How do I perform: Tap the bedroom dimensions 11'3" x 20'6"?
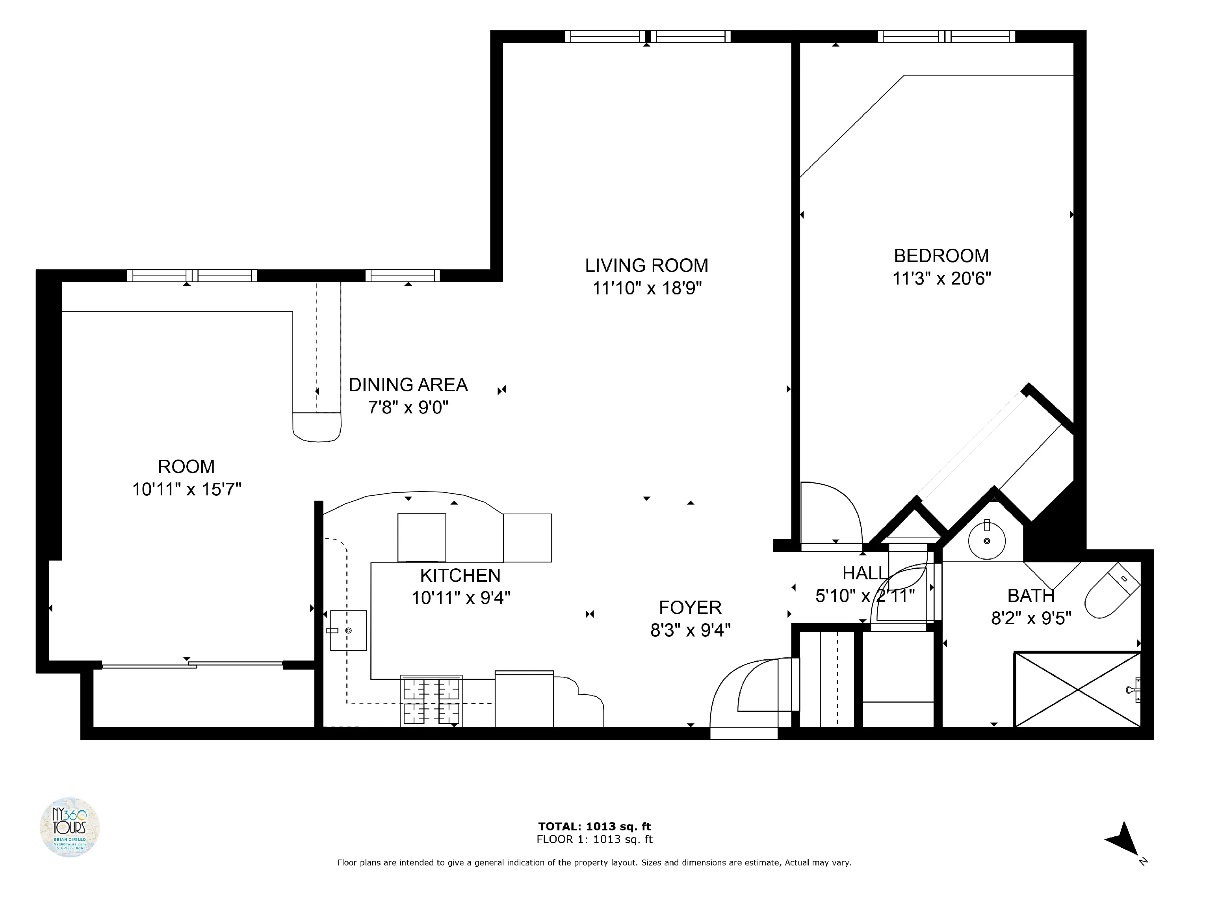click(941, 278)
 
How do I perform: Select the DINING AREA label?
click(408, 385)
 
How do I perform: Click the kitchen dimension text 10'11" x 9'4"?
click(460, 598)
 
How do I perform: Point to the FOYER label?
click(690, 607)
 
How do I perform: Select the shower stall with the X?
click(1077, 690)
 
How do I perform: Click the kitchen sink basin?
click(348, 630)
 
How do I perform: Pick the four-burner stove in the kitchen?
click(431, 700)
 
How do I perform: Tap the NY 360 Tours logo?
click(70, 827)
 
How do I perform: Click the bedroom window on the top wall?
click(946, 37)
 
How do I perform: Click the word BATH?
click(1030, 595)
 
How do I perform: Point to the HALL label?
click(864, 573)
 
